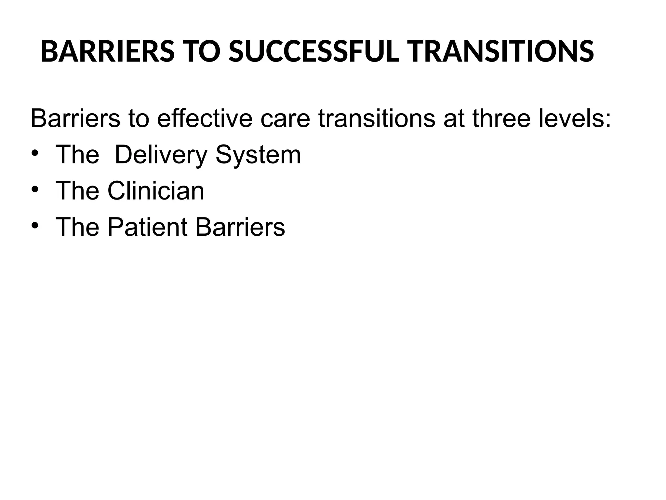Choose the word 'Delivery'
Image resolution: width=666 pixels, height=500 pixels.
(161, 155)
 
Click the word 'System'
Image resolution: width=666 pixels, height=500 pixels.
(258, 155)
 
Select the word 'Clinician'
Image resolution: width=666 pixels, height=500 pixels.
(156, 191)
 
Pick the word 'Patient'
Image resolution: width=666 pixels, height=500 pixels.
(148, 227)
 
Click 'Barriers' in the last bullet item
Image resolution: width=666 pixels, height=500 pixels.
(240, 227)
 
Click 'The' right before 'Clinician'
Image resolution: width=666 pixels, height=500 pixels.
(77, 191)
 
